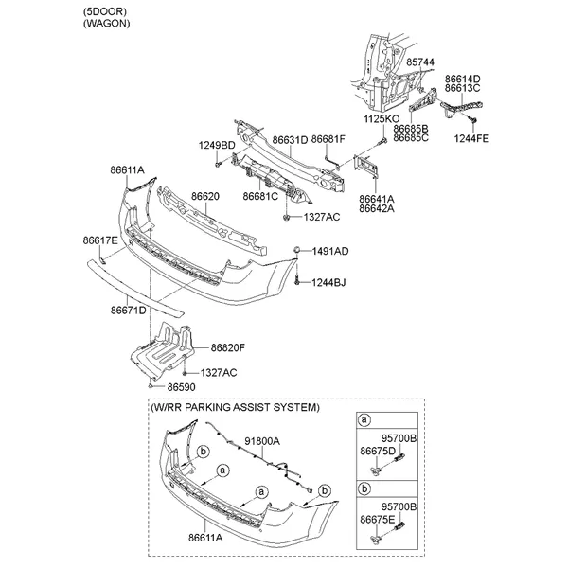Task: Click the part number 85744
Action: (421, 62)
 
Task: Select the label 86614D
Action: (463, 80)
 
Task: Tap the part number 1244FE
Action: (471, 138)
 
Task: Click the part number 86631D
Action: (291, 139)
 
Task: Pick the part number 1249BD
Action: (217, 145)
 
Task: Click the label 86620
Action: (205, 196)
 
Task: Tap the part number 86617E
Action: (100, 241)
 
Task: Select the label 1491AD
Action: (331, 251)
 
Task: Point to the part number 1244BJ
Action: (331, 282)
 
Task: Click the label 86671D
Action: (128, 310)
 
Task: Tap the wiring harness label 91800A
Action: (263, 441)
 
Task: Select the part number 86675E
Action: (377, 520)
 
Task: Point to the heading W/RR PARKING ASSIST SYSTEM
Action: (235, 407)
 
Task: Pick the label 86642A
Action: (377, 209)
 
